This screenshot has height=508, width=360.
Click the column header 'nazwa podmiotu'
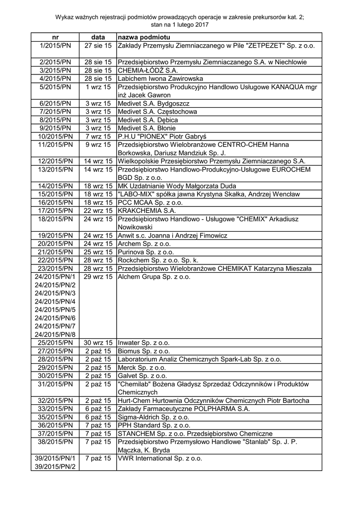click(x=144, y=37)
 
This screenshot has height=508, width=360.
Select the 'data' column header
click(x=98, y=37)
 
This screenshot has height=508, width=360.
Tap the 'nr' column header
click(x=55, y=37)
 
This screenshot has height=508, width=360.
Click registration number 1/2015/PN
click(x=55, y=46)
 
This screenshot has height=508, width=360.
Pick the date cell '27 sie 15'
click(x=98, y=46)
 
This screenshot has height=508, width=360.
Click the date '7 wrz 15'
click(x=98, y=136)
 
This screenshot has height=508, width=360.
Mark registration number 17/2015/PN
click(x=55, y=210)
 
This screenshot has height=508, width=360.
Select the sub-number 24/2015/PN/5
click(x=55, y=309)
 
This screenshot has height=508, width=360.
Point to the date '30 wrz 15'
click(x=98, y=342)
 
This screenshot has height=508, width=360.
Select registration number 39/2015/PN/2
click(x=55, y=466)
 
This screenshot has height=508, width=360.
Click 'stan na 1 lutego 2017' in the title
click(x=180, y=24)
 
